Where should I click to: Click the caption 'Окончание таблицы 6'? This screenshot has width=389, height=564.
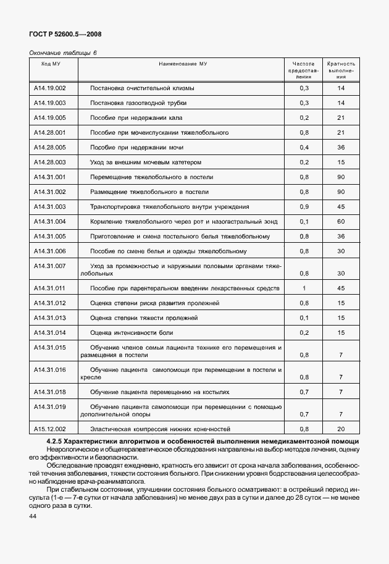click(64, 53)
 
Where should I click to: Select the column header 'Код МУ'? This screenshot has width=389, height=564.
click(50, 64)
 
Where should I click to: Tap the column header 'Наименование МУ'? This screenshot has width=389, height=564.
click(182, 64)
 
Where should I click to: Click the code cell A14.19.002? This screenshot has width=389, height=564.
click(50, 88)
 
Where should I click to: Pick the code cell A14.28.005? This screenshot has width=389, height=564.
click(50, 147)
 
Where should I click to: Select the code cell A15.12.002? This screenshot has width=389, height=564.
click(50, 428)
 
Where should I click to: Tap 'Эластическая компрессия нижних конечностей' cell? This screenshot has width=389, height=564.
click(160, 428)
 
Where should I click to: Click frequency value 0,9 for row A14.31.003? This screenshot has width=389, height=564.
click(304, 206)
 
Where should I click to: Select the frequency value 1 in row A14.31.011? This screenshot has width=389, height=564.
click(304, 288)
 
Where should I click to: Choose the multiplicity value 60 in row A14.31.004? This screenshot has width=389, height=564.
click(340, 221)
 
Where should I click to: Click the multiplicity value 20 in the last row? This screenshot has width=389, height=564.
click(340, 428)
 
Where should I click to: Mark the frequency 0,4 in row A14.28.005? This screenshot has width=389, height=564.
click(304, 147)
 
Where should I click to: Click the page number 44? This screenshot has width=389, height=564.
click(33, 515)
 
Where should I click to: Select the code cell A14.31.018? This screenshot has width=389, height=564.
click(50, 392)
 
